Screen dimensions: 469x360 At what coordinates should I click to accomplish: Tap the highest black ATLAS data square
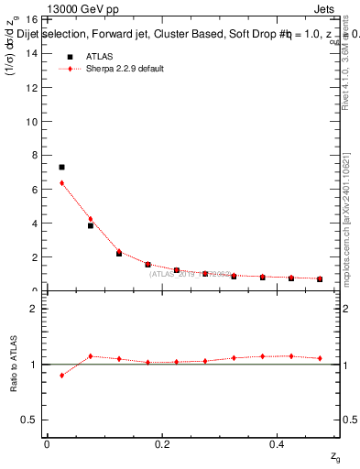[61, 168]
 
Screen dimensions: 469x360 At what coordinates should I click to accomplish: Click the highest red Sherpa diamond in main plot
[61, 183]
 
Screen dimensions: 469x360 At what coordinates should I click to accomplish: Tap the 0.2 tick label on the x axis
[162, 443]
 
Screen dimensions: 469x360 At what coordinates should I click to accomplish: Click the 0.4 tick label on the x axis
[278, 443]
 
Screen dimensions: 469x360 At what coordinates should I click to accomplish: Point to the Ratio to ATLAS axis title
[13, 364]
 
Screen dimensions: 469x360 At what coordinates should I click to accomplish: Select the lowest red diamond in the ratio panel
[61, 376]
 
